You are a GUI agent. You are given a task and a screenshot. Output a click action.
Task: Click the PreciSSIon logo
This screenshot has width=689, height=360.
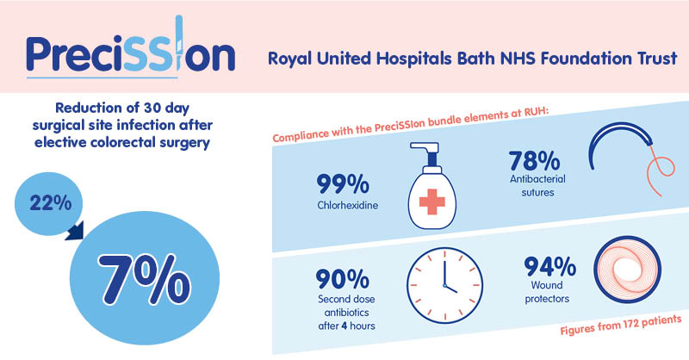(131, 47)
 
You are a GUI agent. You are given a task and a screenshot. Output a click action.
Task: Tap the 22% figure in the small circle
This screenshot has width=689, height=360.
(51, 203)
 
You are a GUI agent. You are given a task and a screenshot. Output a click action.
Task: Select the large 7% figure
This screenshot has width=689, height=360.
(144, 278)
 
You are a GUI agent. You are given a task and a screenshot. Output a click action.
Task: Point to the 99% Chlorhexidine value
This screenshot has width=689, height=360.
(343, 183)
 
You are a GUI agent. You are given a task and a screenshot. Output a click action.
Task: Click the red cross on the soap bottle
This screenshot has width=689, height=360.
(432, 202)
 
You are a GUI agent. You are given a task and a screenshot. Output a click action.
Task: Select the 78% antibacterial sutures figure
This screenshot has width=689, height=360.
(534, 160)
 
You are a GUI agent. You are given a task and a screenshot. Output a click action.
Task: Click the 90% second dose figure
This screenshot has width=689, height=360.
(342, 279)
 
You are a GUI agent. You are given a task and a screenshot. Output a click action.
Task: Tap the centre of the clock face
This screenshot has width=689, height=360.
(444, 285)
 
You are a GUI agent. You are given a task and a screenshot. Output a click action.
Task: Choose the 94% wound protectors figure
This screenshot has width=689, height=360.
(549, 267)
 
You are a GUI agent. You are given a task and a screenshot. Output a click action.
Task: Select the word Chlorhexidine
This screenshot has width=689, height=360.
(348, 205)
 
